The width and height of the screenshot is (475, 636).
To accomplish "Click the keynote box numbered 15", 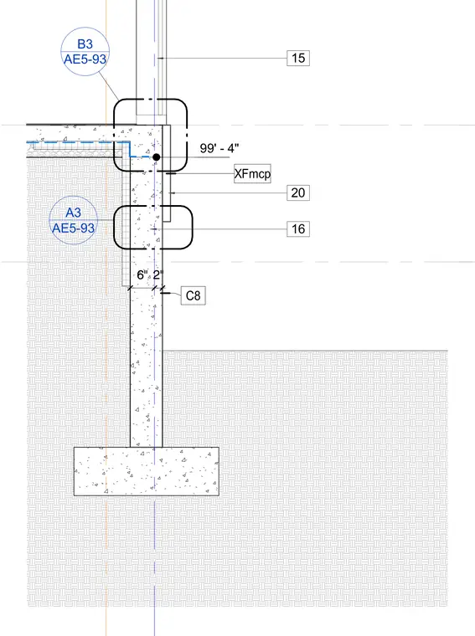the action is pyautogui.click(x=298, y=58).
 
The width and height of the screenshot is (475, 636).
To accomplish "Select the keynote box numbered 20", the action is pyautogui.click(x=298, y=192).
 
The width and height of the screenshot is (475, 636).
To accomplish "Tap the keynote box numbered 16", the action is pyautogui.click(x=298, y=228).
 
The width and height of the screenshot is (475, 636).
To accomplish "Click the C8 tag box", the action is pyautogui.click(x=194, y=295).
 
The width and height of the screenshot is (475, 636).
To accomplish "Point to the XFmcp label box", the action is pyautogui.click(x=252, y=174).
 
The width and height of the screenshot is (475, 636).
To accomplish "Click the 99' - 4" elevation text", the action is pyautogui.click(x=219, y=148).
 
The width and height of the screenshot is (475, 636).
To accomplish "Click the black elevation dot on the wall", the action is pyautogui.click(x=157, y=157).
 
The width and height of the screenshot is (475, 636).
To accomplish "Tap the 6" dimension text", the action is pyautogui.click(x=142, y=275).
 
